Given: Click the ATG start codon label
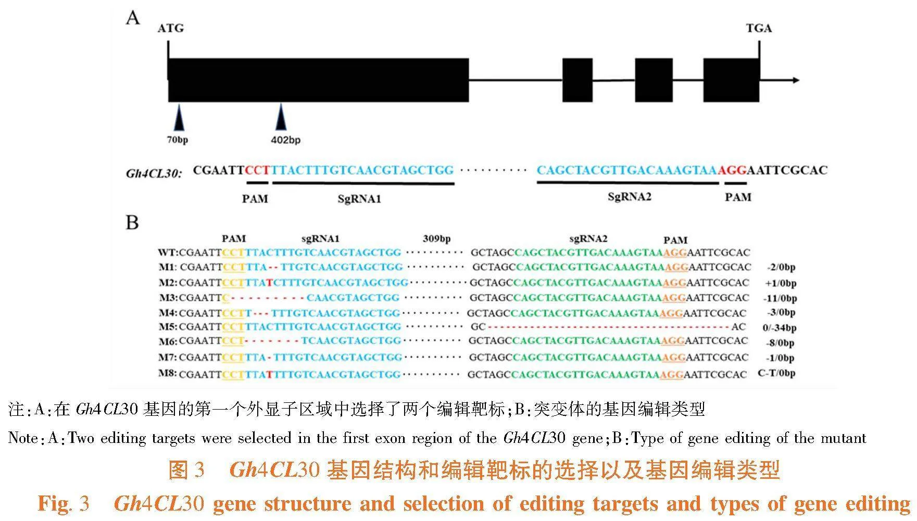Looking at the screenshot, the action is tap(171, 28).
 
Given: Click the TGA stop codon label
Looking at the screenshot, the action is tap(759, 28).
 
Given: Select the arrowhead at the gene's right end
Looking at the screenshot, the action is tap(796, 80).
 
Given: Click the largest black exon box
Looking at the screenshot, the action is tap(318, 80).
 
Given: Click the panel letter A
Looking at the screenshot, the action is tap(133, 18).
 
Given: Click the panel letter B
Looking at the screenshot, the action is tap(132, 222).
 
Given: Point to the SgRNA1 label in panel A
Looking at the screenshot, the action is tap(359, 199).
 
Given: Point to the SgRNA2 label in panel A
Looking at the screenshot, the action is tap(630, 197).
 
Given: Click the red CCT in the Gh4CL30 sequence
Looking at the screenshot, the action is tap(258, 170).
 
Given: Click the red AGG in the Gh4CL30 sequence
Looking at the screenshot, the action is tap(733, 170).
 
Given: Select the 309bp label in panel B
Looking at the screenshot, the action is tap(436, 238).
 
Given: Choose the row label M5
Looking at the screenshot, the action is tap(168, 327).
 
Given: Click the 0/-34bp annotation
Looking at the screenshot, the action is tap(779, 328).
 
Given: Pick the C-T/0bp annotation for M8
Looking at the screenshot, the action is tap(776, 373).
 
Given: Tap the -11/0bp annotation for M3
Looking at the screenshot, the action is tap(780, 298).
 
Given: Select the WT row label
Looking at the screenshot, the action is tap(168, 252).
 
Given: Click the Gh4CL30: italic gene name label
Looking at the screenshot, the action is tap(154, 173).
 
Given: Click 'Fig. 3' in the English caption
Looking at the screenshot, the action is tap(64, 503).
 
